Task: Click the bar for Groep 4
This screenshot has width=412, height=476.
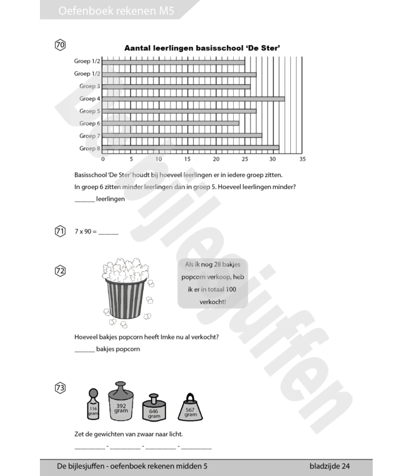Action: (193, 98)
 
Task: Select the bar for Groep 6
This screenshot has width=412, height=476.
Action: (171, 123)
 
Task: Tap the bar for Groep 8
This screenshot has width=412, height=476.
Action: (190, 148)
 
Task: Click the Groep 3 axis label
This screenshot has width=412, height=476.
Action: (89, 86)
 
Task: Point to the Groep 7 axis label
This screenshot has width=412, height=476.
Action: (89, 136)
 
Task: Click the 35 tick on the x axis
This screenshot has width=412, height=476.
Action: (302, 159)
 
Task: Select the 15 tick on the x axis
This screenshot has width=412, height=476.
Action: (188, 159)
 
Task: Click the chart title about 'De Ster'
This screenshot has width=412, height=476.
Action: (203, 48)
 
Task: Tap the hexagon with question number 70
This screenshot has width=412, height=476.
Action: (60, 45)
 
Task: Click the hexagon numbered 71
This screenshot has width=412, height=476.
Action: (60, 231)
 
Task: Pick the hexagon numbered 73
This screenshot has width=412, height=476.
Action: (60, 388)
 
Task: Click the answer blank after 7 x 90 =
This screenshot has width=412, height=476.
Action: (108, 232)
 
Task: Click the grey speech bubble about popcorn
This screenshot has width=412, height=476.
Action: (212, 284)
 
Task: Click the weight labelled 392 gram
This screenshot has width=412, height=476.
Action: (121, 403)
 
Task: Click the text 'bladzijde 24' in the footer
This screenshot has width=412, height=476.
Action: (330, 466)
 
